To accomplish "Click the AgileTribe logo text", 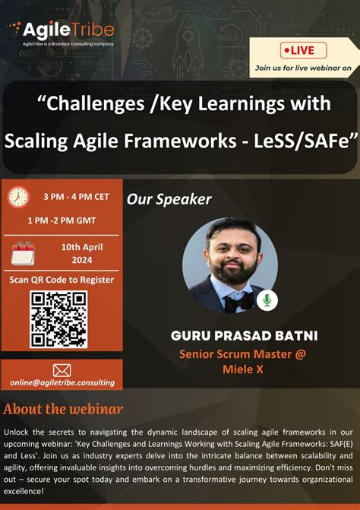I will click(68, 30).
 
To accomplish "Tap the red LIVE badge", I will click(303, 50).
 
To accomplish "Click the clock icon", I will click(18, 198).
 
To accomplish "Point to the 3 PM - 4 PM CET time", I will click(76, 196).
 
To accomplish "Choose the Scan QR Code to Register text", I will click(62, 279).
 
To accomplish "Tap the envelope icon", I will click(62, 370).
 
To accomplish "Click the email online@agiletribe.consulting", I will click(62, 382).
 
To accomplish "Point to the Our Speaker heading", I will click(169, 199).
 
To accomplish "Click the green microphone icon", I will click(267, 301).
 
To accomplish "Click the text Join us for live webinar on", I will click(303, 68).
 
